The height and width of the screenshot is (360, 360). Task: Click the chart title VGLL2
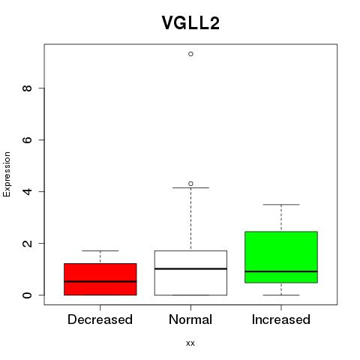(190, 23)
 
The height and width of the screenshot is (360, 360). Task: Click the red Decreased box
(100, 279)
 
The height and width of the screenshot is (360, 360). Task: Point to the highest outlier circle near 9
(190, 54)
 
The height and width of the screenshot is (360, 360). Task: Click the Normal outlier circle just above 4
(190, 184)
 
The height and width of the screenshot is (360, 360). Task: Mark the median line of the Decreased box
(100, 281)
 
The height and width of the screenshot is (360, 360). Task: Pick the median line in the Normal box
(190, 268)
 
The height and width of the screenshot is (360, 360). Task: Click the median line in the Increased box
(281, 271)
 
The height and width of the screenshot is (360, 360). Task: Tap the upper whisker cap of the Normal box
(190, 187)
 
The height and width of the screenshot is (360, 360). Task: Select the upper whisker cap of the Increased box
(281, 205)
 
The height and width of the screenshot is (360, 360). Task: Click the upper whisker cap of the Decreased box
(100, 250)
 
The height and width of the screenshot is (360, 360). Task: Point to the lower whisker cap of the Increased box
(281, 295)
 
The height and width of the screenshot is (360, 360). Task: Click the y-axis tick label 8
(27, 88)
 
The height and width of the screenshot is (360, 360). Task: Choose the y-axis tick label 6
(27, 139)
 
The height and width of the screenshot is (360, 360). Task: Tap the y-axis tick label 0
(27, 295)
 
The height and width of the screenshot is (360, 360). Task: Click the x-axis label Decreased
(100, 319)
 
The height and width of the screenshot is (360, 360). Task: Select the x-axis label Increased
(281, 319)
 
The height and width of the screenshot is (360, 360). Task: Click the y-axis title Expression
(7, 174)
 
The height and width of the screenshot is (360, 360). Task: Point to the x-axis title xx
(190, 343)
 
